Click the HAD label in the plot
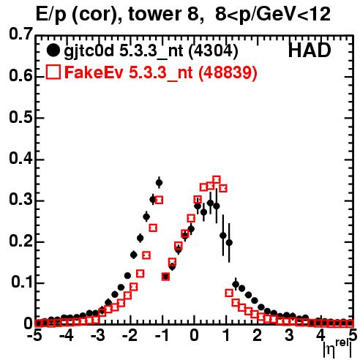tap(310, 50)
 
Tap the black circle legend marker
tap(53, 50)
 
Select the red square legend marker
tap(53, 72)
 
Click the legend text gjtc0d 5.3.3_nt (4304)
tap(151, 51)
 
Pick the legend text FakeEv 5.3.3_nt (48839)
tap(161, 72)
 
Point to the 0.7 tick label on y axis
tap(20, 34)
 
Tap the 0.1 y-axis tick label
tap(21, 282)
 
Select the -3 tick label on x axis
tap(98, 335)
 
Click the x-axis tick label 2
tap(258, 335)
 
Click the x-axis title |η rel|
tap(337, 348)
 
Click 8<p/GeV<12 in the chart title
tap(273, 14)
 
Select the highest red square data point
tap(217, 180)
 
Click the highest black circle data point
tap(159, 182)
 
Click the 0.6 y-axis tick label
tap(20, 75)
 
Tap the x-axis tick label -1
tap(161, 335)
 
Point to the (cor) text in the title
tap(97, 15)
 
